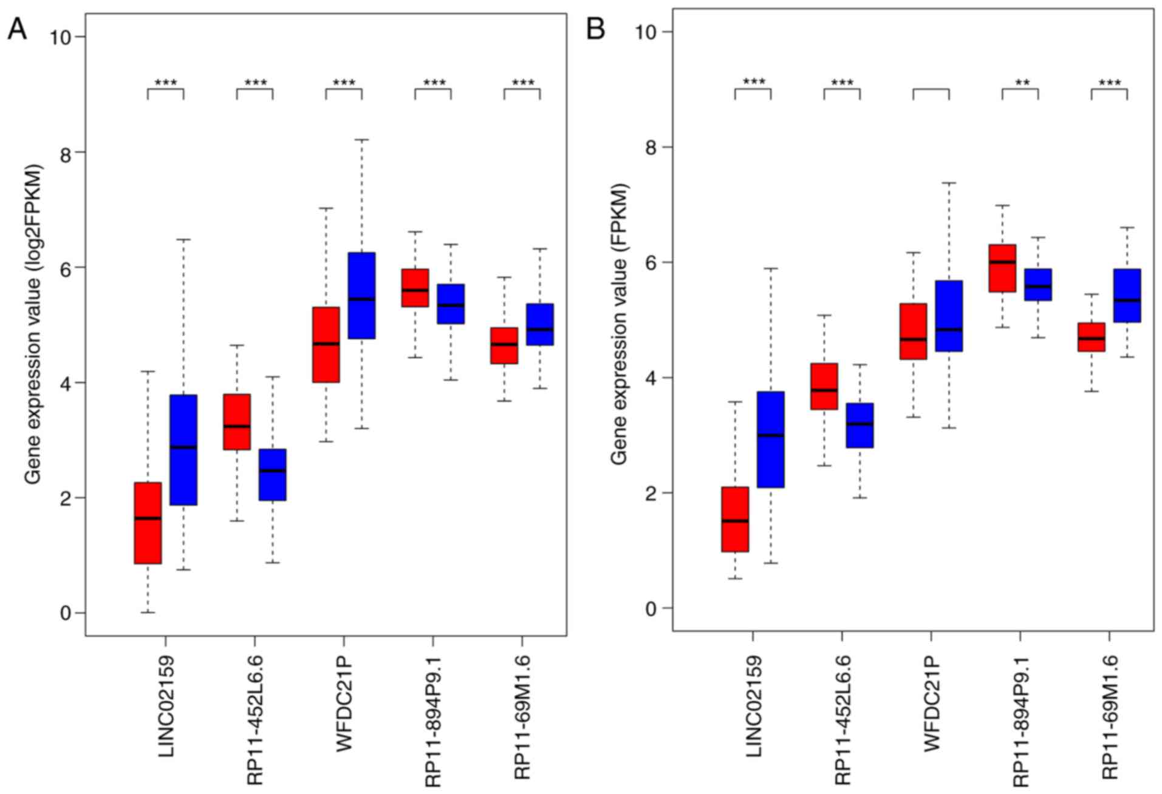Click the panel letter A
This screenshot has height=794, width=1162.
[17, 28]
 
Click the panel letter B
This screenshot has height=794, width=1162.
[595, 28]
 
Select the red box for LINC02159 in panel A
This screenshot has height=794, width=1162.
[148, 523]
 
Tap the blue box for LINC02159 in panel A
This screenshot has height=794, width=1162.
[183, 449]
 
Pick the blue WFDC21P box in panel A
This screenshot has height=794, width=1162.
[361, 295]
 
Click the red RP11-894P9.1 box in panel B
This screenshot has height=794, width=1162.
[1002, 268]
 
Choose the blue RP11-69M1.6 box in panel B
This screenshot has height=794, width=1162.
[1127, 295]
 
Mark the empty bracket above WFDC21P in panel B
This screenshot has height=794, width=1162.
[931, 92]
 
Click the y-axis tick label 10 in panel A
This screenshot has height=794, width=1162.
[60, 37]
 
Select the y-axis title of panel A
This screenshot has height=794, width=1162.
[33, 325]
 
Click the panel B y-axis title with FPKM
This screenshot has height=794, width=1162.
[619, 325]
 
